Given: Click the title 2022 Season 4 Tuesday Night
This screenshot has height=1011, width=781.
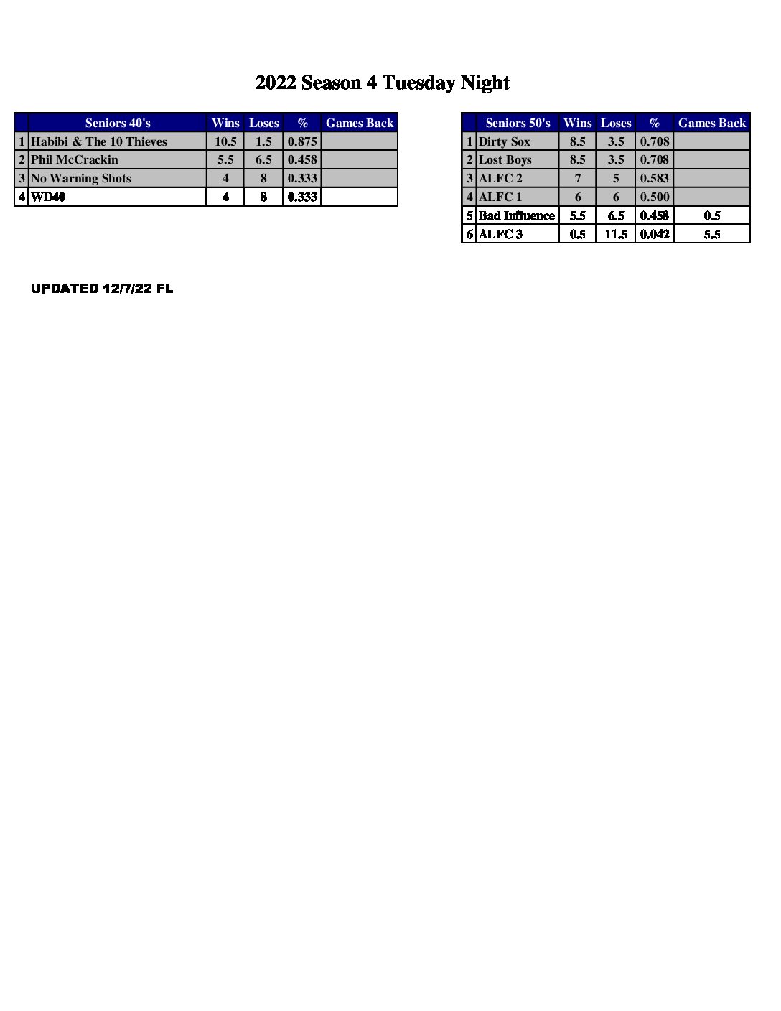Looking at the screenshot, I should [x=383, y=83].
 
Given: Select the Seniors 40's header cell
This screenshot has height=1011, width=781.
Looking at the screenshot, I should [x=118, y=123].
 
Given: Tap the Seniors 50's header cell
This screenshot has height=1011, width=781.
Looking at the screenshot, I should [x=518, y=123].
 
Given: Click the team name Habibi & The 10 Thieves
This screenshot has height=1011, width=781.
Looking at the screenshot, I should [x=99, y=141].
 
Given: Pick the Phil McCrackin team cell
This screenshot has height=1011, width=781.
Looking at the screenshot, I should [x=75, y=159].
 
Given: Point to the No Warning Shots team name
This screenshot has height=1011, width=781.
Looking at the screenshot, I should [x=81, y=178].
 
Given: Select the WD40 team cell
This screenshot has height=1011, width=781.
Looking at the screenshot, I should [x=48, y=197].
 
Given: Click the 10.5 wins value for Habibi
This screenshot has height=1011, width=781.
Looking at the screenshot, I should [x=225, y=141].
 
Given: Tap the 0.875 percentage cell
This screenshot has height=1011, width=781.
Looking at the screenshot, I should [x=302, y=141].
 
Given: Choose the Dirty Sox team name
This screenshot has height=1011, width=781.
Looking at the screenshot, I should [x=505, y=141].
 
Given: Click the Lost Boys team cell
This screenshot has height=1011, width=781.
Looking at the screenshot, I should [x=505, y=159].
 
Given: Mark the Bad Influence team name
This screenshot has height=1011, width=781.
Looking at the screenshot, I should [x=517, y=215].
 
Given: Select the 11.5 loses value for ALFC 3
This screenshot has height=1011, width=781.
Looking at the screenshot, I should [x=616, y=234].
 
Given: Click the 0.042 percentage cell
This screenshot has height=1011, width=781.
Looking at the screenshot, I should [x=655, y=234].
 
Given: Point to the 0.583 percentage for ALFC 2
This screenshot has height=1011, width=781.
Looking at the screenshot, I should [x=655, y=178].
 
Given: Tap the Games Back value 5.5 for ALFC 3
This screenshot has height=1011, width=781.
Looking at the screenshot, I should [x=712, y=234].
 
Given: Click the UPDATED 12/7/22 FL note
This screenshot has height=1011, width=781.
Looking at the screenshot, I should [x=102, y=289].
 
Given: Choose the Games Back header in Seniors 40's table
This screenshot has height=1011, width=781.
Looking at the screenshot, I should [x=360, y=123].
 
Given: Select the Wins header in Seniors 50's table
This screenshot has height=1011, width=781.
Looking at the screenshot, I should [x=578, y=123].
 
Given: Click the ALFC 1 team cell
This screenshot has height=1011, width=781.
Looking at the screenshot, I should [x=500, y=197].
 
